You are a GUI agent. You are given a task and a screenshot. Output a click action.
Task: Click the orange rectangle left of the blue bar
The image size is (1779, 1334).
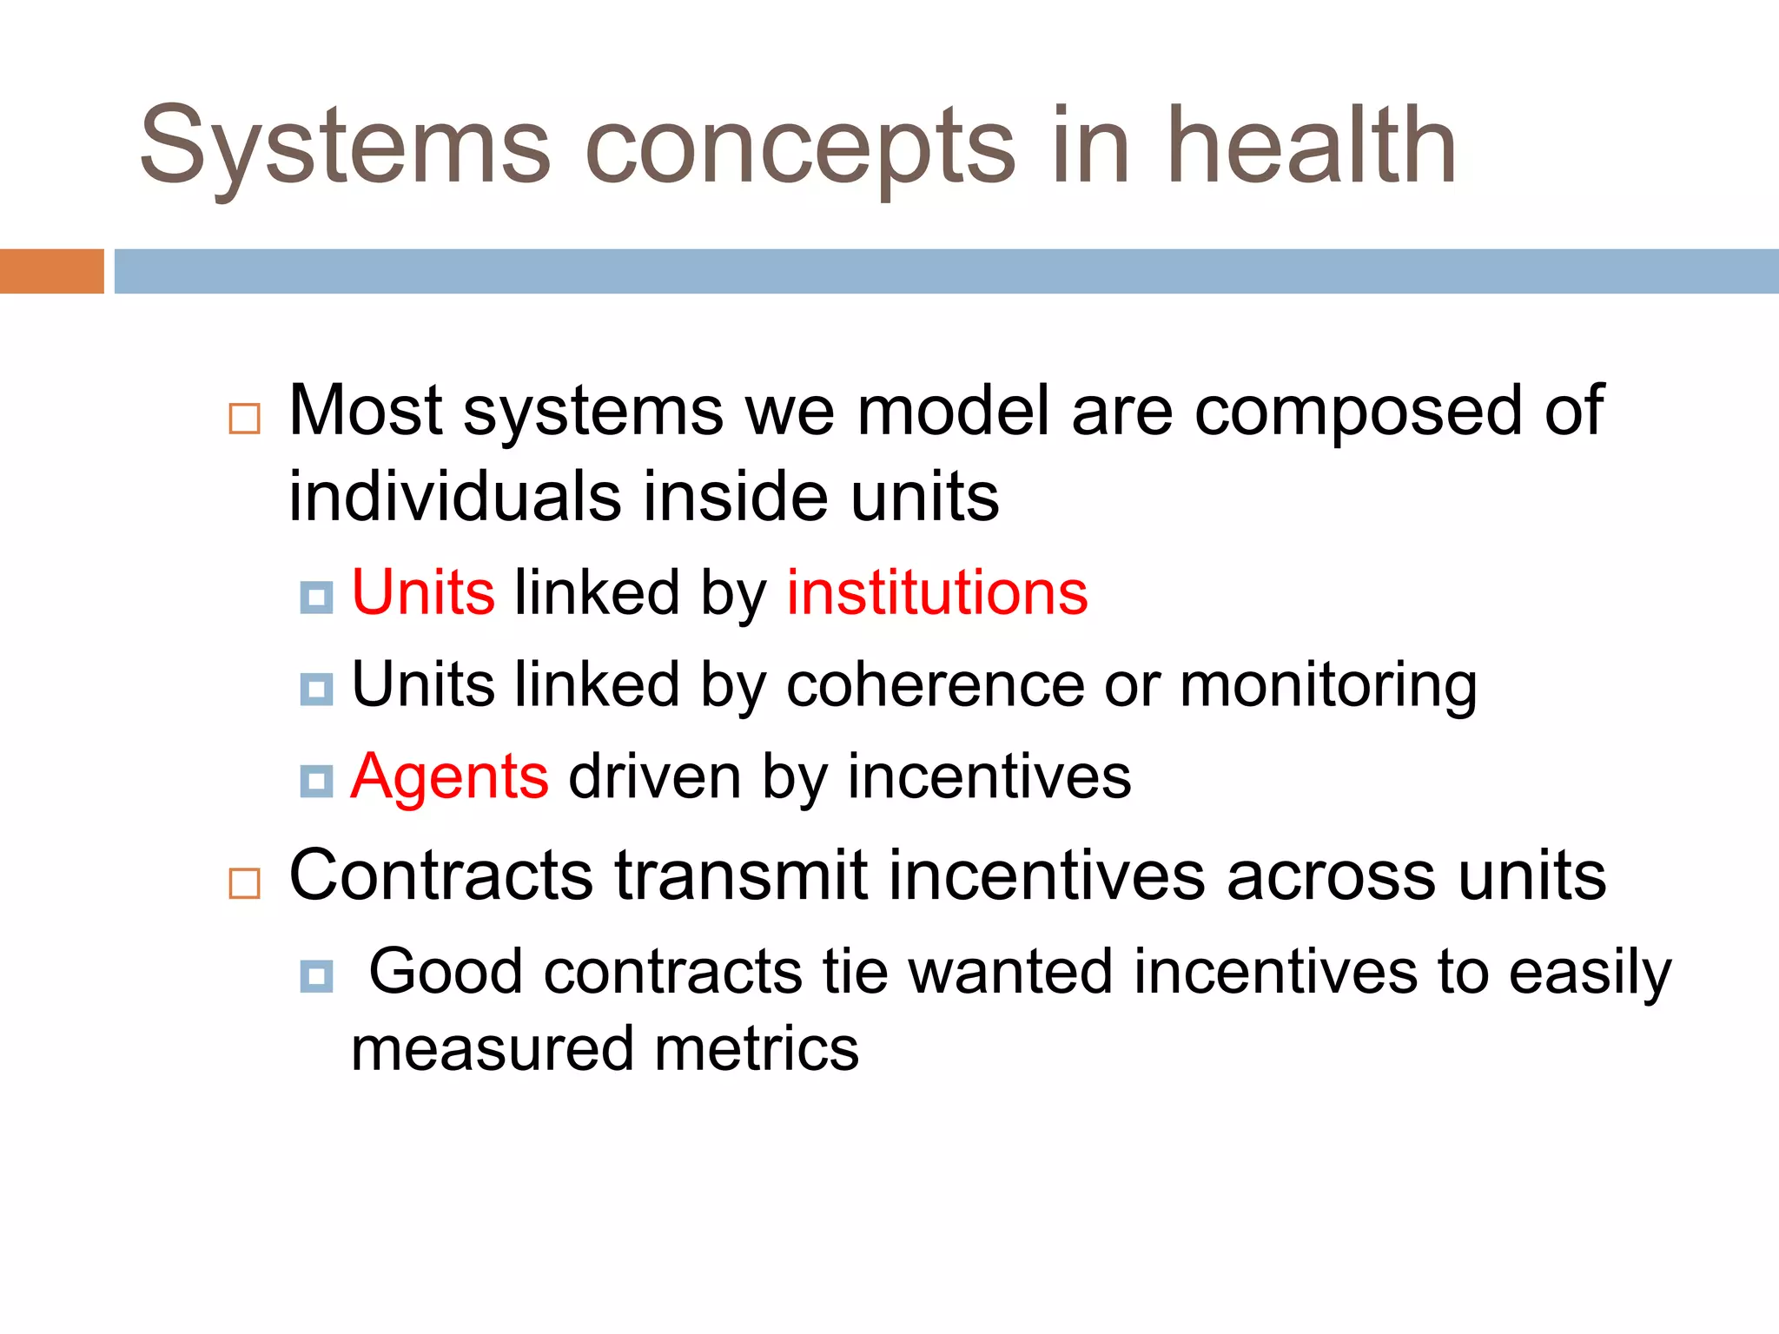tap(51, 271)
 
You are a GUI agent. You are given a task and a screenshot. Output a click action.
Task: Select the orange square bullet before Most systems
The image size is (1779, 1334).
tap(244, 419)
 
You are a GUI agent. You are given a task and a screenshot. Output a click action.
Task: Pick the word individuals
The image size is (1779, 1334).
tap(454, 497)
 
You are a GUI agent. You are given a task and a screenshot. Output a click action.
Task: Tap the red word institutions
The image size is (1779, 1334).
tap(936, 592)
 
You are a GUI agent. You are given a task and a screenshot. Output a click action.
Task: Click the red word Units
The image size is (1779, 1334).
tap(423, 592)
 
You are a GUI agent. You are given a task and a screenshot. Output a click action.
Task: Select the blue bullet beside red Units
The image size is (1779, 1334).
tap(316, 598)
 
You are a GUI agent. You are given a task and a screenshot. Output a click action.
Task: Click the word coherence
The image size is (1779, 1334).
tap(935, 684)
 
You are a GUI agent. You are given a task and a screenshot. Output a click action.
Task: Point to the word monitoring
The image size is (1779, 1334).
tap(1328, 686)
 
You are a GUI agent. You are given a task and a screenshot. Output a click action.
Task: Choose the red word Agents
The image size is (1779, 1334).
tap(449, 776)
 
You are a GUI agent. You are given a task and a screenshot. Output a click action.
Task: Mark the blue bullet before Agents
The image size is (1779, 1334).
tap(316, 781)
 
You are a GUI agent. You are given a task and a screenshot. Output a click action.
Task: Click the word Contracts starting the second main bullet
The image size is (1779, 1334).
tap(440, 875)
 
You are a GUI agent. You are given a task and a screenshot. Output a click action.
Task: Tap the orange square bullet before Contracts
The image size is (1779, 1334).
tap(244, 883)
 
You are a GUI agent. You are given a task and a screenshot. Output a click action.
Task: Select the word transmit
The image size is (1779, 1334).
tap(741, 875)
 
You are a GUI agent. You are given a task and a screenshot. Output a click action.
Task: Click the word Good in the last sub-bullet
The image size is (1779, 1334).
tap(446, 971)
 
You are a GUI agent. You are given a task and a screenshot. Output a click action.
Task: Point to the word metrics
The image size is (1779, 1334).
tap(757, 1049)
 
